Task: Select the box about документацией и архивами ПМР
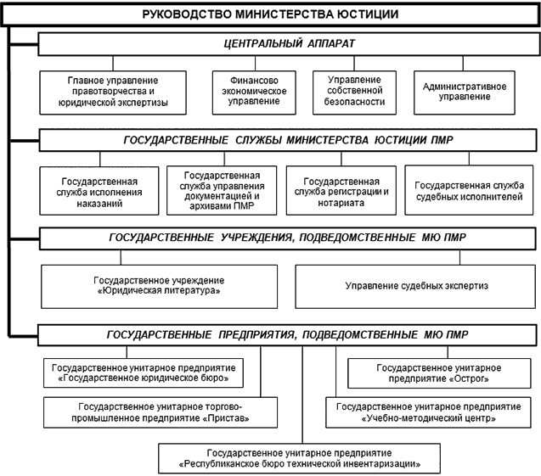point(223,188)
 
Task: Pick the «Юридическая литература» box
point(159,286)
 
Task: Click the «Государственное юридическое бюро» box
point(143,372)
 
